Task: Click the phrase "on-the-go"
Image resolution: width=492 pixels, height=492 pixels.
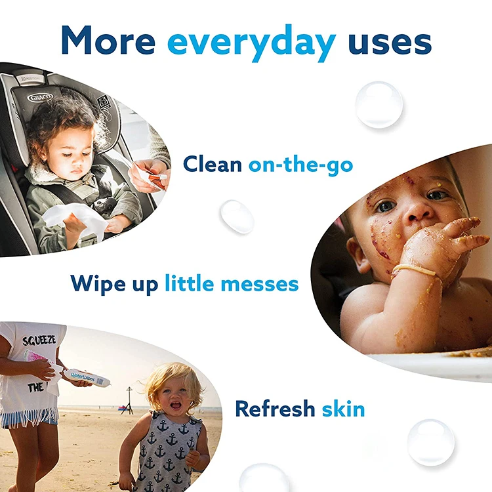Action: click(x=300, y=164)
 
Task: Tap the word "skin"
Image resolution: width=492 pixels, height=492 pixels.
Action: click(x=343, y=409)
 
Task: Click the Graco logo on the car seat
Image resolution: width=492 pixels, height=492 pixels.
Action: click(x=40, y=98)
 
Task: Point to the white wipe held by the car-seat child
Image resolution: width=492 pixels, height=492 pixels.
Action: click(x=84, y=216)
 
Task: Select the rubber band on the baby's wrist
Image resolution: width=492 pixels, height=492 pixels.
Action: click(x=415, y=270)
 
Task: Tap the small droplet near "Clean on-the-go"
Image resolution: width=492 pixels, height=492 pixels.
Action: click(x=236, y=216)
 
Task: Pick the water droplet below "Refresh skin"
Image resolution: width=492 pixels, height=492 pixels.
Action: click(x=430, y=443)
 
